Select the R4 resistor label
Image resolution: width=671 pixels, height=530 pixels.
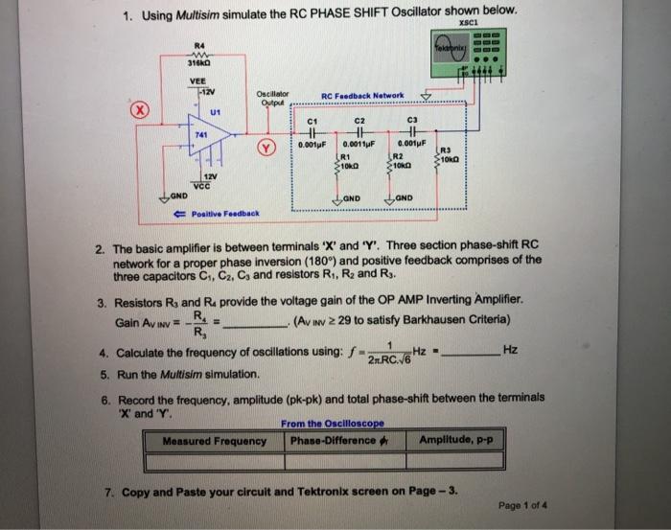(198, 45)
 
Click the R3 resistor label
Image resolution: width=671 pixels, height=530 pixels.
(444, 149)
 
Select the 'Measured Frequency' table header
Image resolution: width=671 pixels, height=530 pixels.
(214, 441)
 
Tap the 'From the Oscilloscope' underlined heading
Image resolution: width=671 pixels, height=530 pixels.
(332, 424)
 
